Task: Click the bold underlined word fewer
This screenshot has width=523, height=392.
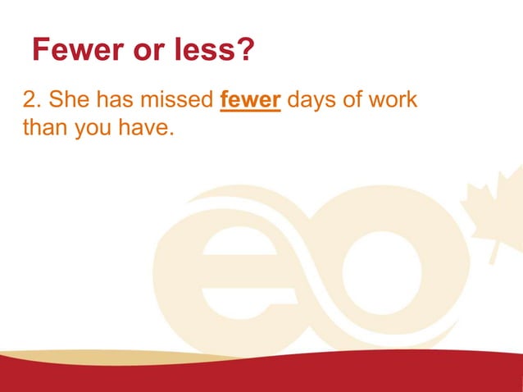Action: (x=252, y=101)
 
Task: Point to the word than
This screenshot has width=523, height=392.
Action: (x=46, y=129)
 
